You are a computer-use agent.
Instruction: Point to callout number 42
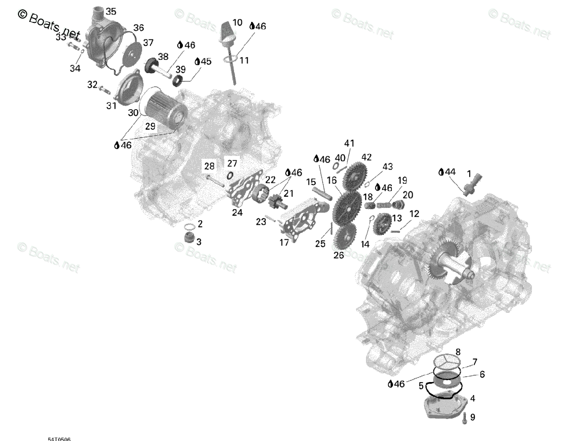(x=366, y=157)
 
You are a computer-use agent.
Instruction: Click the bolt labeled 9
(x=464, y=417)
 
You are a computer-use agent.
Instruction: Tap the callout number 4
(x=473, y=399)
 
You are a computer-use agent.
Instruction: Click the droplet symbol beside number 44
(x=441, y=172)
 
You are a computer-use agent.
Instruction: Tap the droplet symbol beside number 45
(x=198, y=62)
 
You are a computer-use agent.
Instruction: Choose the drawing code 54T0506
(x=59, y=439)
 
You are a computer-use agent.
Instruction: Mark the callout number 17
(x=284, y=242)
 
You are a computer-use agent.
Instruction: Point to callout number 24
(x=237, y=212)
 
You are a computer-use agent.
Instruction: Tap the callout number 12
(x=414, y=213)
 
